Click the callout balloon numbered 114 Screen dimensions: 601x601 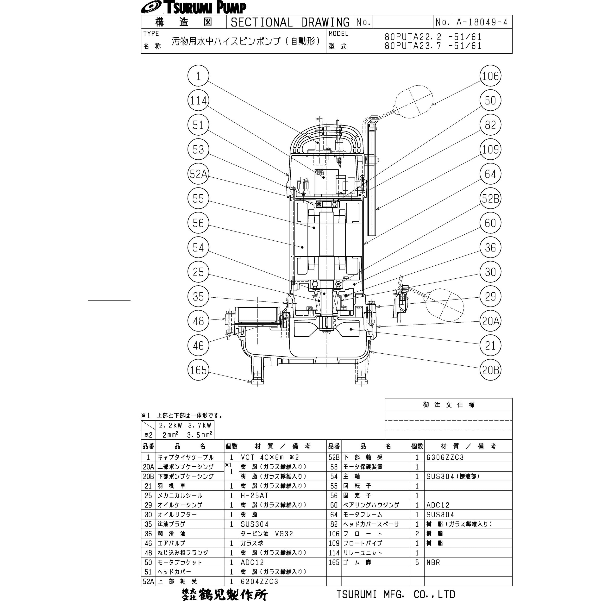pos(198,100)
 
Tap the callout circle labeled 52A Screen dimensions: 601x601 pos(198,174)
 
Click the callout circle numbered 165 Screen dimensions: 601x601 pos(198,370)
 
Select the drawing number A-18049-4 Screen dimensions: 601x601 pos(482,22)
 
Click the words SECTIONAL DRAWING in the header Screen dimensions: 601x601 pos(290,22)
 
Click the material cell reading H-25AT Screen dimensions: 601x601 pos(254,495)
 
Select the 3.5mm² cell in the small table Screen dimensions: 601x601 pos(199,435)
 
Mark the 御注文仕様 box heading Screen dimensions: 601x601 pos(449,405)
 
